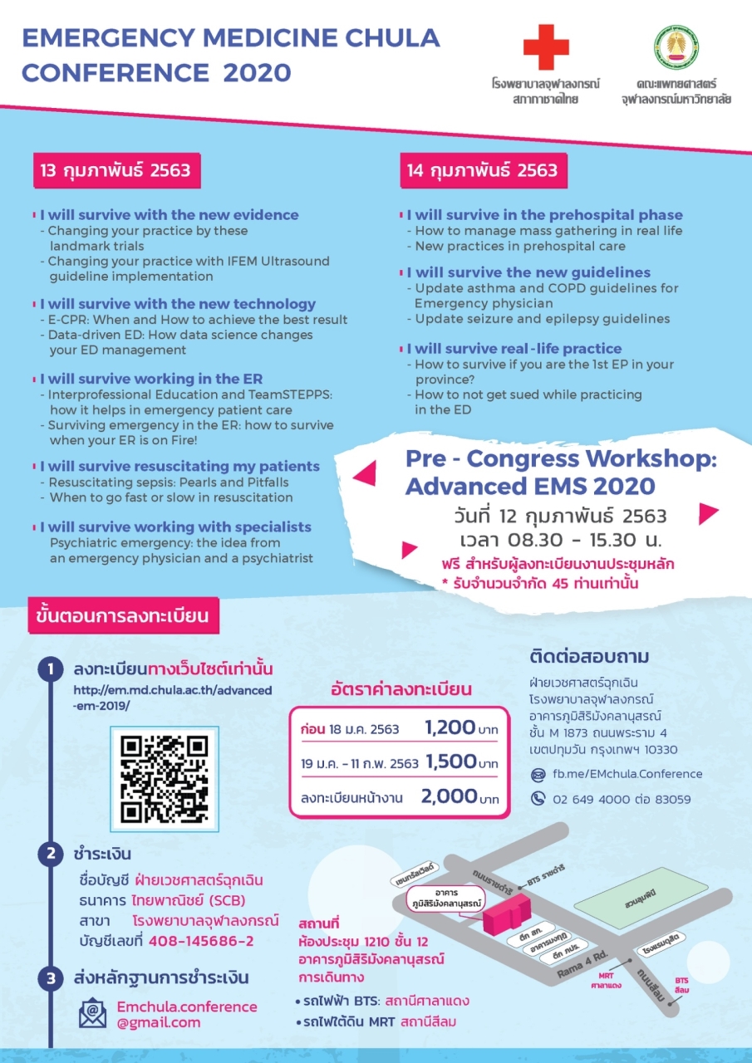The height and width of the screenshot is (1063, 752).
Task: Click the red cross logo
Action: [x=546, y=47]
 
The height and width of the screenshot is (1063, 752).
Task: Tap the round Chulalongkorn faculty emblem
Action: [x=676, y=47]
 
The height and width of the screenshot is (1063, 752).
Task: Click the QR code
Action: [x=164, y=778]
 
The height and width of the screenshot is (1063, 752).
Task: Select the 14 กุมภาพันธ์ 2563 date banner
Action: [x=483, y=170]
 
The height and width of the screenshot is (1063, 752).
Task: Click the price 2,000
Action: [x=449, y=797]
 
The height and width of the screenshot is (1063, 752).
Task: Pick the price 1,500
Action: [x=451, y=762]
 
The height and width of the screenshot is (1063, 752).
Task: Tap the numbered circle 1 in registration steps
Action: [x=50, y=669]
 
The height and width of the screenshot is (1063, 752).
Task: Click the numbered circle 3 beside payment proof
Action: [x=50, y=979]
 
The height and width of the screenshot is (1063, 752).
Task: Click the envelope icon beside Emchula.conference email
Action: [x=92, y=1014]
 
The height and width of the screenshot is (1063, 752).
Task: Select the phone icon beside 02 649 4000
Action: [x=538, y=799]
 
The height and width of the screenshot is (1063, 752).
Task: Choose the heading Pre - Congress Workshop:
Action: [x=561, y=458]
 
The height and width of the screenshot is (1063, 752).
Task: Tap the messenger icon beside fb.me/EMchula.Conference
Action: [x=538, y=774]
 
